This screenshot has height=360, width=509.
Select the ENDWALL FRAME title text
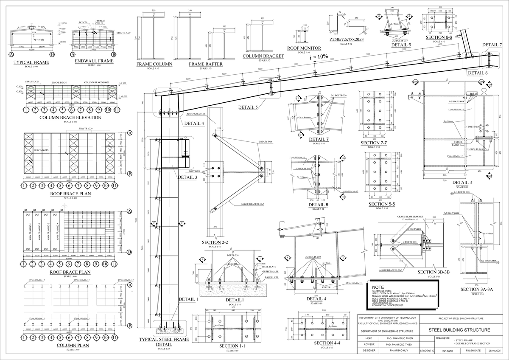click(94, 61)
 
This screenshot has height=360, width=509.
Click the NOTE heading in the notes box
click(378, 287)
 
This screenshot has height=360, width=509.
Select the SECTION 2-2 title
click(215, 242)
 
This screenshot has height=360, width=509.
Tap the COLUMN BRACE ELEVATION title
click(70, 118)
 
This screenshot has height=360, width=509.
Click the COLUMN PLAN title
click(70, 346)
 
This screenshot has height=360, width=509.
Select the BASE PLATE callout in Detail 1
click(271, 278)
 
